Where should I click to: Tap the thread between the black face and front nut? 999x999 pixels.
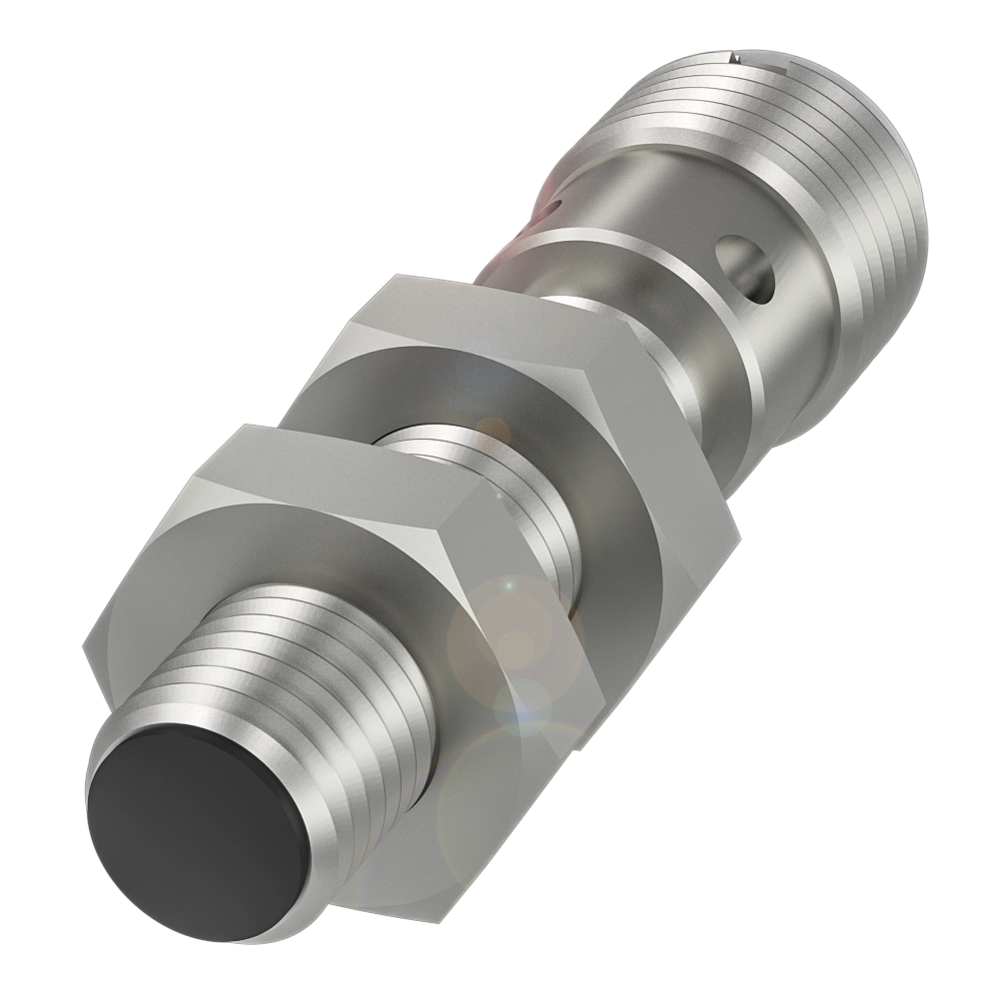[330, 659]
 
